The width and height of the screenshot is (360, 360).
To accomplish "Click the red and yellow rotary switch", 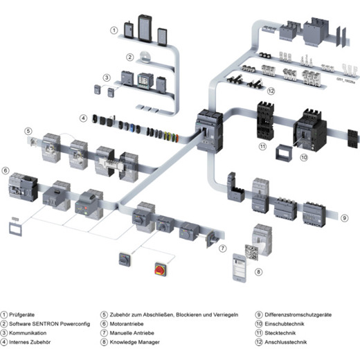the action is pos(161,269).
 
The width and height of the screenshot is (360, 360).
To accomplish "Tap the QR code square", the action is pos(251,253).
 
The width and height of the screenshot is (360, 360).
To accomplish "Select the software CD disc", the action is pos(145,56).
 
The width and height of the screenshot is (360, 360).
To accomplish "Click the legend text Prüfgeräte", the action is pos(21,314).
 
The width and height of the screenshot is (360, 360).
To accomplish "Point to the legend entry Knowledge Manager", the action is pos(134,342).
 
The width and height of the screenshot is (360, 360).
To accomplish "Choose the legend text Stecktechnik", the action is pos(280,333).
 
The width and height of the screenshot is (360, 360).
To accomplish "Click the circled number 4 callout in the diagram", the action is pos(83,118).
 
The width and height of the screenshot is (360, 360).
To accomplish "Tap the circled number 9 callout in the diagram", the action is pos(344,218).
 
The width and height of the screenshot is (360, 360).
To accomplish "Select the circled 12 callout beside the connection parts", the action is pos(271,91).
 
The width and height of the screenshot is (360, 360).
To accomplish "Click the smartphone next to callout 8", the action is pos(240,268).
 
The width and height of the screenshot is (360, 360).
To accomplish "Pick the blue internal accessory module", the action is pos(132,128).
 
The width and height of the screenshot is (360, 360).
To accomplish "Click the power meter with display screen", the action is pos(145,80).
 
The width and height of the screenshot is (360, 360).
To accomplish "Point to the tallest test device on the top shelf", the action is pos(145,28).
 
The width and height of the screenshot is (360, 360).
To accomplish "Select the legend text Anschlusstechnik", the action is pos(286,342).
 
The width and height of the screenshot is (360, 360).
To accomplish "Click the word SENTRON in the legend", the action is pos(45,324).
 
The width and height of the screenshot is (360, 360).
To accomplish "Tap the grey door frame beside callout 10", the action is pos(284,152).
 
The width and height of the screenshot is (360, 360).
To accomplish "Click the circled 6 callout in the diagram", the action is pos(6,171).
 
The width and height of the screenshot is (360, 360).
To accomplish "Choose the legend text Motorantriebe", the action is pos(127,324).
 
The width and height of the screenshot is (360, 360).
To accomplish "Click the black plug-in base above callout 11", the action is pos(265,120).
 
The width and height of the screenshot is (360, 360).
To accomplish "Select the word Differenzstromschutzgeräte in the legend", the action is pos(298,314).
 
